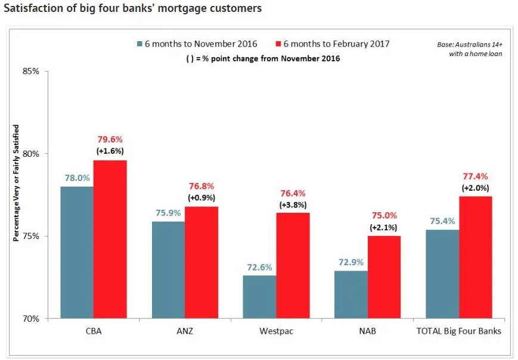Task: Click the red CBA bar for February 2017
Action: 110,238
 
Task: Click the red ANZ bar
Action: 201,262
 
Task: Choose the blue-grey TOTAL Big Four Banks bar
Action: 443,274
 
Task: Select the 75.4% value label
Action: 443,220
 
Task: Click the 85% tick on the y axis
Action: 31,72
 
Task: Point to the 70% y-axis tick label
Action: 31,318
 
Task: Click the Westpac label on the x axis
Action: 277,331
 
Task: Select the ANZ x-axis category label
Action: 185,331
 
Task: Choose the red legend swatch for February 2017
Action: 277,44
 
